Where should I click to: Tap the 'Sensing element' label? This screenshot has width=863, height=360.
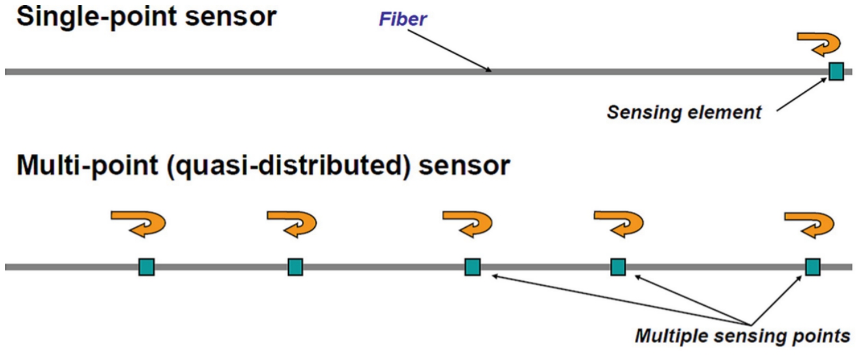click(684, 112)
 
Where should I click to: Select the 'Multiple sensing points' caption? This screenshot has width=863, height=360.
click(742, 337)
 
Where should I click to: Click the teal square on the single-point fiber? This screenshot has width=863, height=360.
click(836, 71)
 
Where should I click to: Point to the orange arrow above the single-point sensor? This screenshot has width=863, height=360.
click(819, 43)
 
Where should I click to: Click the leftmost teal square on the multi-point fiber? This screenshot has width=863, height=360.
click(147, 267)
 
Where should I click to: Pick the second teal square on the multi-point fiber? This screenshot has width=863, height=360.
click(295, 267)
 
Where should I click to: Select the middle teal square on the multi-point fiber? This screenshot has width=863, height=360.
click(473, 267)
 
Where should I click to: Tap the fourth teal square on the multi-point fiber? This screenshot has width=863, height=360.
click(618, 267)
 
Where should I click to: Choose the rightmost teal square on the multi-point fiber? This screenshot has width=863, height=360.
click(812, 267)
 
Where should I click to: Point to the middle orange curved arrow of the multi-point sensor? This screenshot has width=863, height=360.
click(469, 222)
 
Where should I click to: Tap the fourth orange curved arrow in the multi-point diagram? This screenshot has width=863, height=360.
click(619, 222)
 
